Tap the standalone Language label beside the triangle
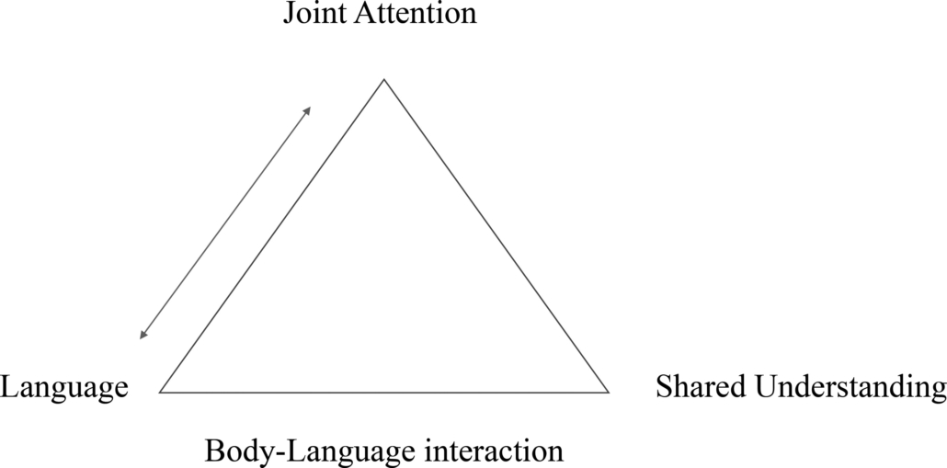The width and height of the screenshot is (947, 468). pos(63,388)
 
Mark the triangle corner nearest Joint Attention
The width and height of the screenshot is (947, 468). pos(384,80)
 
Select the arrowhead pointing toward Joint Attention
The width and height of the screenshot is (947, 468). pos(308,109)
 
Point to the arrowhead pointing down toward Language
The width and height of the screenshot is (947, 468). pos(143,336)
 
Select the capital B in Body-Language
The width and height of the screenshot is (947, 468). pos(213,451)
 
